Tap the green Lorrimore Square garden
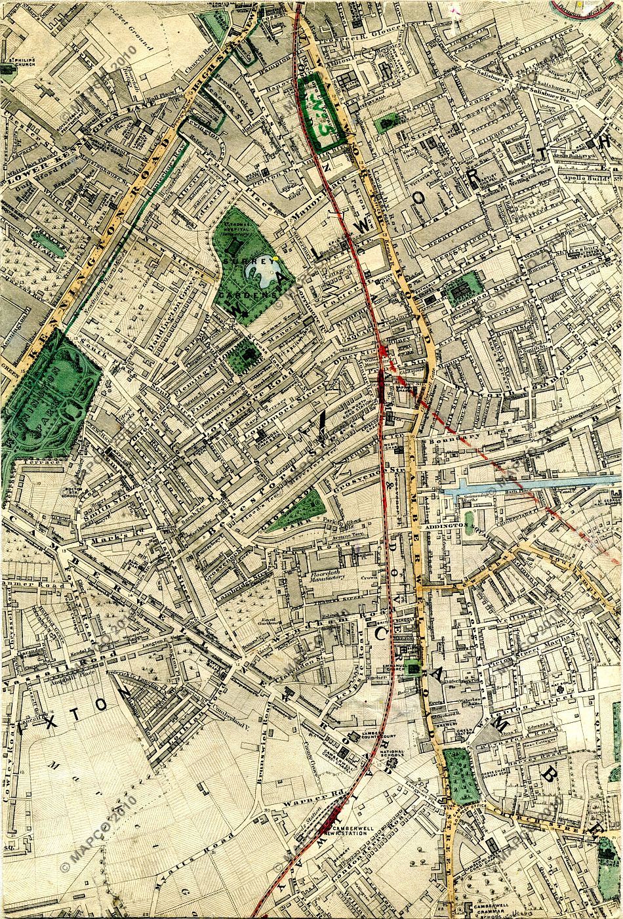click(249, 354)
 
